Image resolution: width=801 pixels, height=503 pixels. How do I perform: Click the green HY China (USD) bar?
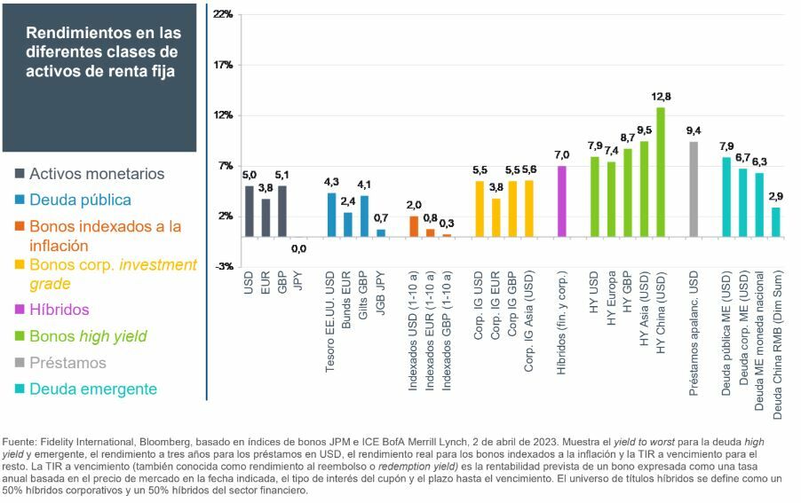(x=661, y=172)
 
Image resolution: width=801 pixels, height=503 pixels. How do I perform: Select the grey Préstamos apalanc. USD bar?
(x=693, y=189)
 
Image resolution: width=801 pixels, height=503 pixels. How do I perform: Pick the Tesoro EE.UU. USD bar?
(x=331, y=215)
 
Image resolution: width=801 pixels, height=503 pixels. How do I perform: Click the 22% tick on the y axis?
(x=222, y=15)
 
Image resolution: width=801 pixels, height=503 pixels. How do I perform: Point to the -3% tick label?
(x=222, y=266)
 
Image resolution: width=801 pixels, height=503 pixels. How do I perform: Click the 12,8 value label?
(x=661, y=97)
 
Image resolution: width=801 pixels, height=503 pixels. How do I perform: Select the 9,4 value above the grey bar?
(x=693, y=131)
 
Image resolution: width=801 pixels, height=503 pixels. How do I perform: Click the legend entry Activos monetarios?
(x=97, y=174)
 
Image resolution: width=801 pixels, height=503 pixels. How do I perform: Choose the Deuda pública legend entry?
(x=80, y=200)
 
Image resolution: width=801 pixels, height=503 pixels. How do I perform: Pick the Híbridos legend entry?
(x=59, y=310)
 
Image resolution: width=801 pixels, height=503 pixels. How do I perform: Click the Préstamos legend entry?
(x=67, y=363)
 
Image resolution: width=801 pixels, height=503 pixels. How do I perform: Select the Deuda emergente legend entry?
(x=92, y=389)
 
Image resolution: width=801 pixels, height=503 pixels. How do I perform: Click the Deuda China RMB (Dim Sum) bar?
(x=775, y=222)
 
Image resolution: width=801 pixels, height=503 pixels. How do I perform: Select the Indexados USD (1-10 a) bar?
(x=414, y=226)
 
